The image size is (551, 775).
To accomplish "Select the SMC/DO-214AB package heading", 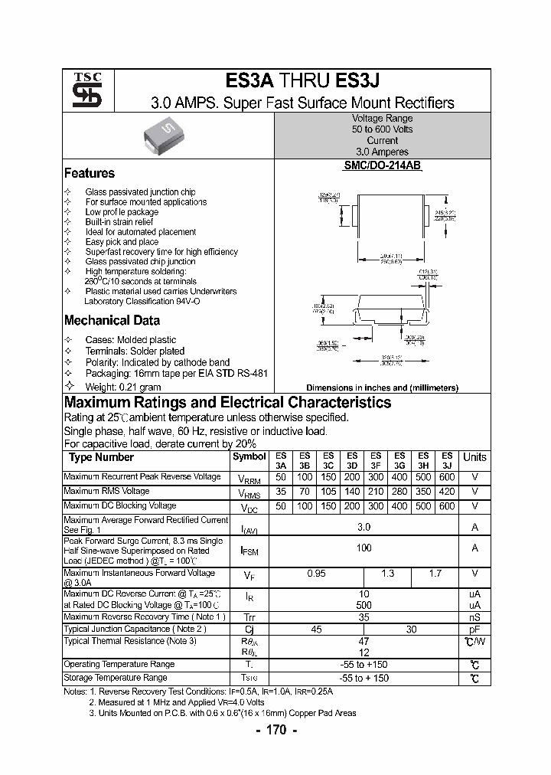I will point(382,165).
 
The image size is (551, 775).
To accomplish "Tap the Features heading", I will point(90,173).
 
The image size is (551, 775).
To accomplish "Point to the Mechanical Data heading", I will point(112,320).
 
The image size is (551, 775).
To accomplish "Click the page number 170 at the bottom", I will point(275,730).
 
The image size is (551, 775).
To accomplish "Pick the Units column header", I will point(474,457).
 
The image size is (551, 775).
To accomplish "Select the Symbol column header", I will point(249,456).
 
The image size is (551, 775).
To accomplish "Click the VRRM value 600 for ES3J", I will point(447,477).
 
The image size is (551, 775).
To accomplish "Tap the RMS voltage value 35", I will point(281,492).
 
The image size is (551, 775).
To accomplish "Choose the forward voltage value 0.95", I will point(316,574).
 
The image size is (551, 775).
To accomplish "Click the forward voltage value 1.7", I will point(435,574).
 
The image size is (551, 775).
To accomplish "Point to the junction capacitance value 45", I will point(316,629).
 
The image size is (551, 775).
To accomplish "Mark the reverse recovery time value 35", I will point(364,616).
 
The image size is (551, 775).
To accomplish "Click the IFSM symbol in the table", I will point(249,550).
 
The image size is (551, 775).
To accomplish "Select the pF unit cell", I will point(474,629).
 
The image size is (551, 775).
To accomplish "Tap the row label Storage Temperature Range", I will point(116,678).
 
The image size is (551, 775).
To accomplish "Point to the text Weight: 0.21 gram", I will point(123,387).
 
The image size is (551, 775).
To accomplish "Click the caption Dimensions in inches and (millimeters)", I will point(382,388).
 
